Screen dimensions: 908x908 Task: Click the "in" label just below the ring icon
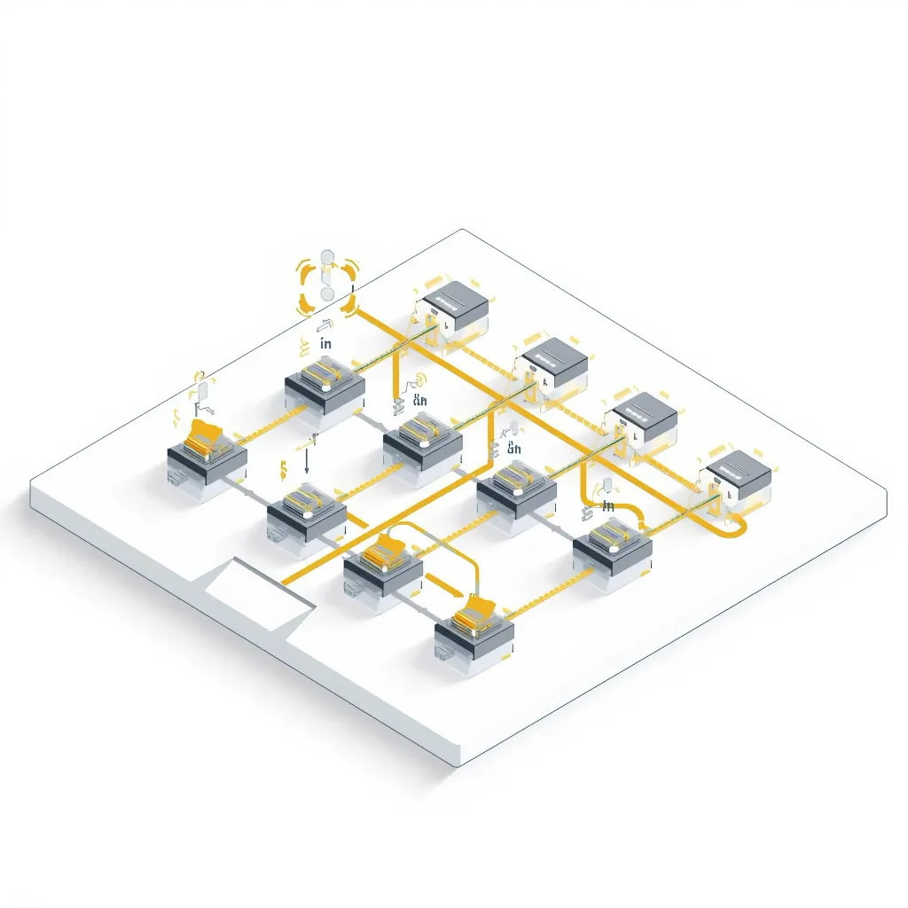tap(325, 343)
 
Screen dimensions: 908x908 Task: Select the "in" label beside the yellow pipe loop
tap(608, 505)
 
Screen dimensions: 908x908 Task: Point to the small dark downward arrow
tap(306, 461)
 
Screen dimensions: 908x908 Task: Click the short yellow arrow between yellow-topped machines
tap(442, 584)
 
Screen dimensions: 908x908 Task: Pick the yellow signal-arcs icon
tap(417, 380)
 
